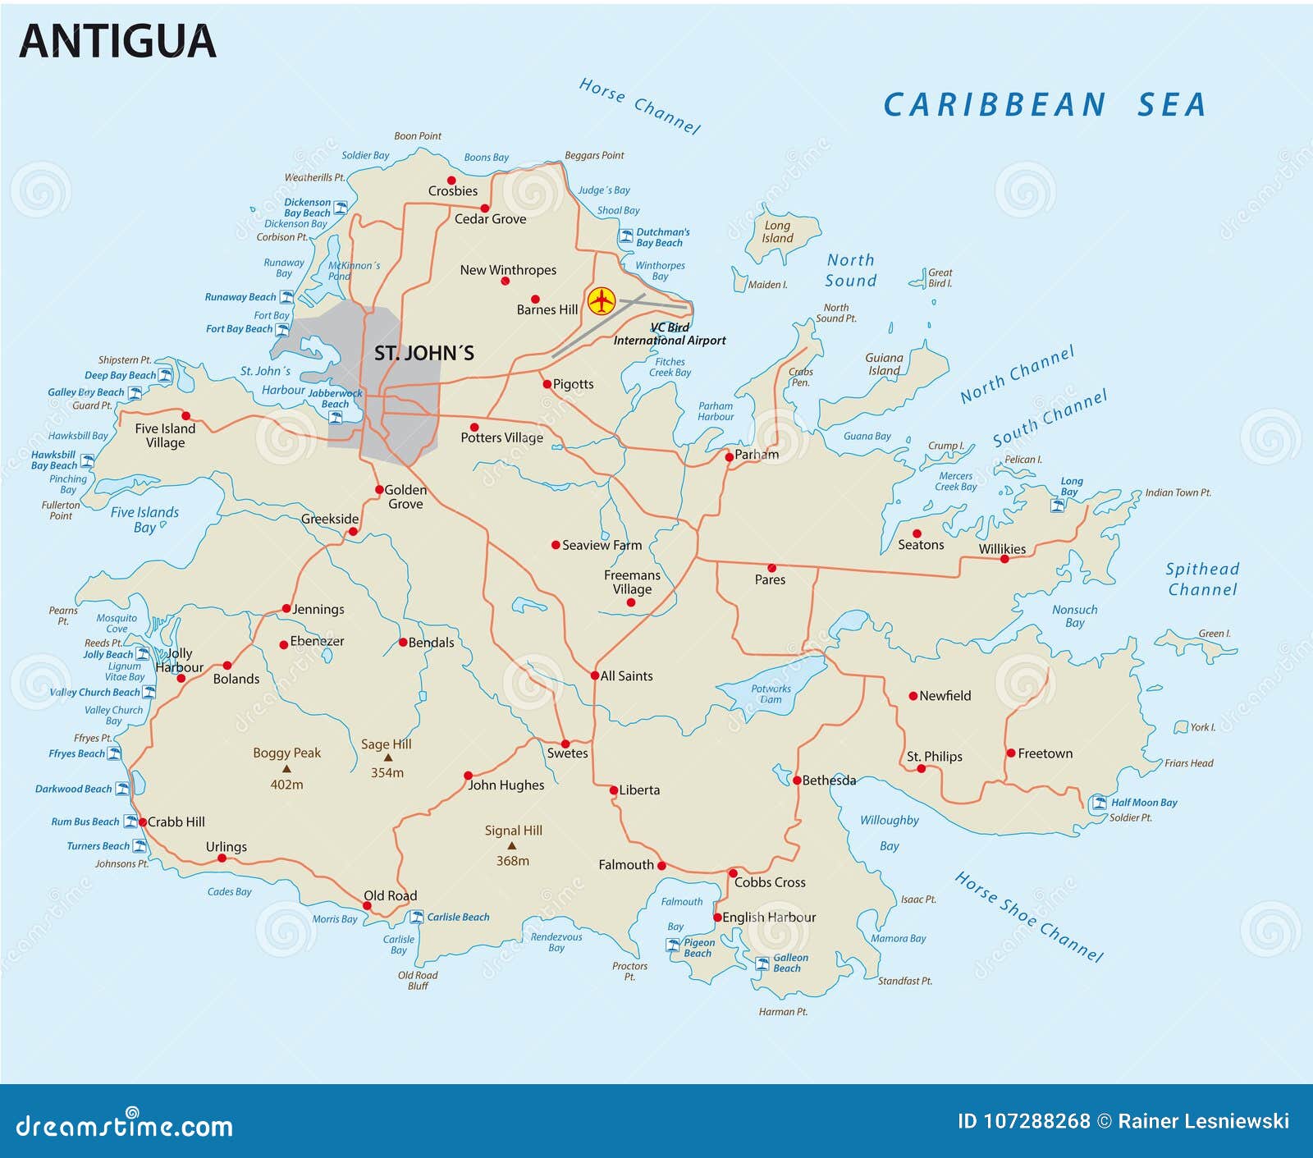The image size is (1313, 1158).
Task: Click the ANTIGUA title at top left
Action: pyautogui.click(x=117, y=42)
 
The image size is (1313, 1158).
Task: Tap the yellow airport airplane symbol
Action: pyautogui.click(x=602, y=301)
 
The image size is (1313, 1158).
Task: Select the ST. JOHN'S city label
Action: pyautogui.click(x=423, y=354)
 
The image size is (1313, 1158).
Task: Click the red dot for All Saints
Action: pyautogui.click(x=595, y=675)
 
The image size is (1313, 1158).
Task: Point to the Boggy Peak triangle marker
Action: pyautogui.click(x=286, y=769)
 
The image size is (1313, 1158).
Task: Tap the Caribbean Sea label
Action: pyautogui.click(x=1044, y=105)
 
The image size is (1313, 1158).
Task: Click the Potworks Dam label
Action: pyautogui.click(x=771, y=694)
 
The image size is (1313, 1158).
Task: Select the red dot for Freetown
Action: pyautogui.click(x=1011, y=753)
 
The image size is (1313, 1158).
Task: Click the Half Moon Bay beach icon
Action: pyautogui.click(x=1099, y=803)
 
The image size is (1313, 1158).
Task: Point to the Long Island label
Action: pyautogui.click(x=777, y=231)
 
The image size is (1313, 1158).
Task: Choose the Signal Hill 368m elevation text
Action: pyautogui.click(x=512, y=861)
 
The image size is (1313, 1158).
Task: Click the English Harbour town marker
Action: pyautogui.click(x=717, y=918)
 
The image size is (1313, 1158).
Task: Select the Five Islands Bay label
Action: pyautogui.click(x=144, y=519)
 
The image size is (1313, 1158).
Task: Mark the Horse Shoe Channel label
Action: pyautogui.click(x=1029, y=916)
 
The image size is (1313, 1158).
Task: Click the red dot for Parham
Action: pyautogui.click(x=729, y=457)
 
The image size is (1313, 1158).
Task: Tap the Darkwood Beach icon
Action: pyautogui.click(x=121, y=789)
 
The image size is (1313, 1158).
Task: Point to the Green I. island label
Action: pyautogui.click(x=1214, y=634)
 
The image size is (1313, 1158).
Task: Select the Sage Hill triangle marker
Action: pyautogui.click(x=388, y=758)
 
